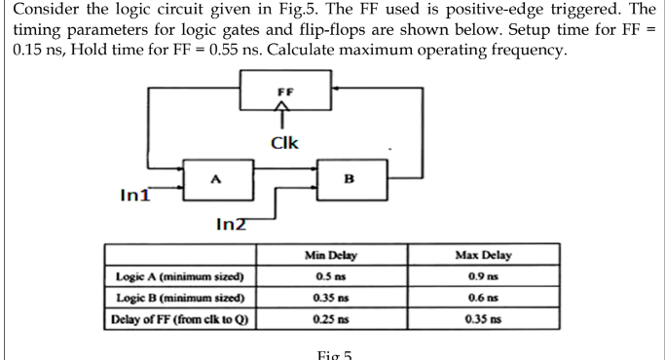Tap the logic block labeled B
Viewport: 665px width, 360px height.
[349, 178]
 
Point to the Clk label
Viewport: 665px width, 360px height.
[284, 144]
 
